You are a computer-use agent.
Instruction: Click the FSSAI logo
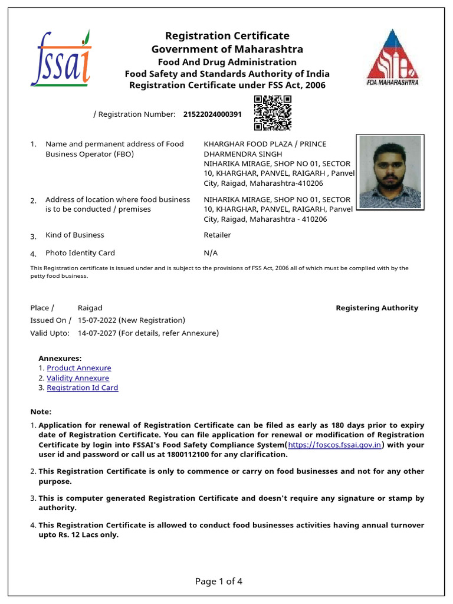point(61,58)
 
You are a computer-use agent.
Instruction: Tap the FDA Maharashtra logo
point(392,57)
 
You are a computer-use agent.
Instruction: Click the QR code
point(273,113)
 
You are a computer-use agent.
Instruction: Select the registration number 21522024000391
point(212,114)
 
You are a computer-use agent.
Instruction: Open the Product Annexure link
point(79,368)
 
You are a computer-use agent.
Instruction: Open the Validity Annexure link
point(78,378)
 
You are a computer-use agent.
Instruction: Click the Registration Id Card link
point(83,388)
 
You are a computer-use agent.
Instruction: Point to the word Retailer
point(217,235)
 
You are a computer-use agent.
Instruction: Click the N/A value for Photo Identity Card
point(211,253)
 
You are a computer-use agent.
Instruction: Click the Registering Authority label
point(376,308)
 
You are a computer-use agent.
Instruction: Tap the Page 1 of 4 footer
point(219,582)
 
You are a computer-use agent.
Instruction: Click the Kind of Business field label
point(74,235)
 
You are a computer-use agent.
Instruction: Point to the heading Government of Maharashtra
point(227,49)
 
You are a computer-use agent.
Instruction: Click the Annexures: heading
point(60,358)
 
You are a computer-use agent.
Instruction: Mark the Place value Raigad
point(90,308)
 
